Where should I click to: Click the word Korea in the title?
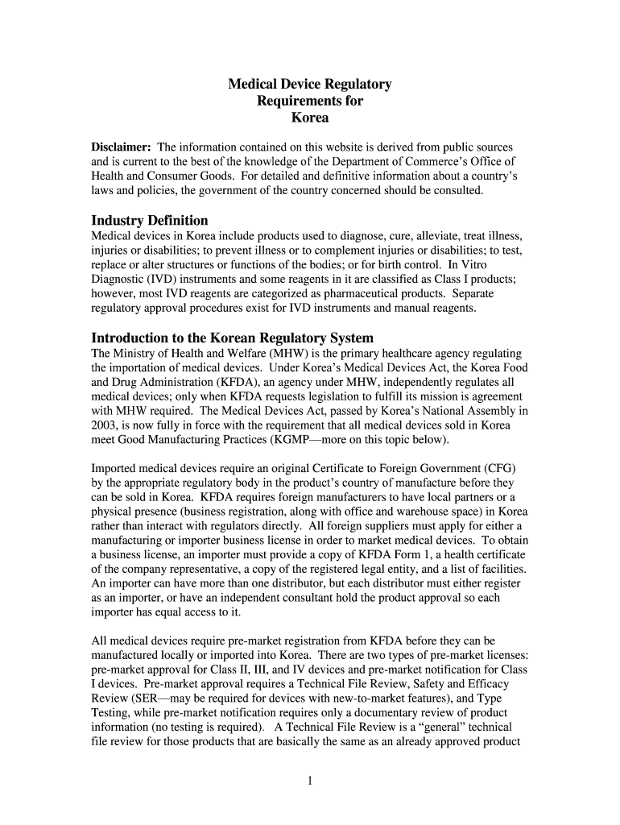point(309,118)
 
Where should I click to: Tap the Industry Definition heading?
point(150,220)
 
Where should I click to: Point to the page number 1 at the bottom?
point(310,780)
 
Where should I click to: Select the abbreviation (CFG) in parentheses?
point(499,468)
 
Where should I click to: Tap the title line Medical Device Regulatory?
point(309,85)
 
